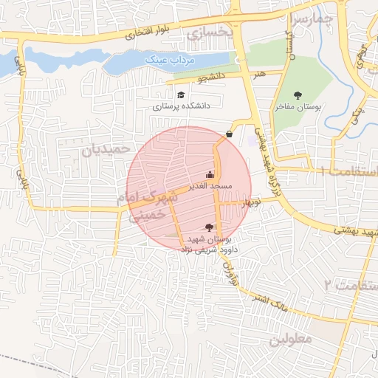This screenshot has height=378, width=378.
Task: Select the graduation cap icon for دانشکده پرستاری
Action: pyautogui.click(x=181, y=94)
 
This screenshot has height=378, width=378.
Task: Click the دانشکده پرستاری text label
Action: pyautogui.click(x=182, y=106)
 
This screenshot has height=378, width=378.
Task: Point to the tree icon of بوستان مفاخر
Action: pyautogui.click(x=298, y=94)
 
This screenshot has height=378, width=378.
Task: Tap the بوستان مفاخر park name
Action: pyautogui.click(x=298, y=107)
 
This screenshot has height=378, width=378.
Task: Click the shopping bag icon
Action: pyautogui.click(x=230, y=134)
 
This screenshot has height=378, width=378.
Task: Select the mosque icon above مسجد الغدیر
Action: pyautogui.click(x=210, y=175)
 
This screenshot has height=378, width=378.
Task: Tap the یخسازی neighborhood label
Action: pyautogui.click(x=210, y=33)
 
